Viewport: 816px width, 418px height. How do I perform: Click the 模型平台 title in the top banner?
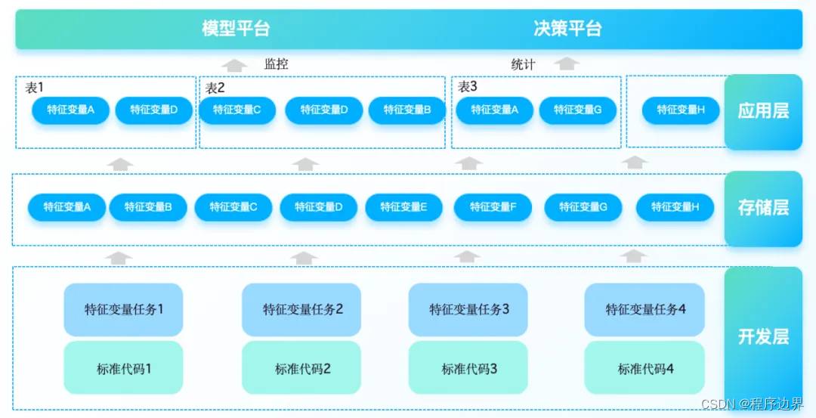pyautogui.click(x=236, y=29)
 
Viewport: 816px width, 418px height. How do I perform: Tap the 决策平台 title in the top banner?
pyautogui.click(x=567, y=29)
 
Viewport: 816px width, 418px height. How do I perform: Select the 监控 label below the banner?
pyautogui.click(x=277, y=64)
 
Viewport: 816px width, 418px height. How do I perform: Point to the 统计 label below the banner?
pyautogui.click(x=523, y=64)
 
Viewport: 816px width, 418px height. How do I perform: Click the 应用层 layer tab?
pyautogui.click(x=763, y=111)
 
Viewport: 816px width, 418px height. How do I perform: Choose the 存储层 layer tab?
pyautogui.click(x=763, y=208)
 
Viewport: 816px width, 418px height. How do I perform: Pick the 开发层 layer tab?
pyautogui.click(x=763, y=337)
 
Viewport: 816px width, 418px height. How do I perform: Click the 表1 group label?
pyautogui.click(x=34, y=88)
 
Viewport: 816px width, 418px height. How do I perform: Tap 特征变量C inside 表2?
pyautogui.click(x=237, y=110)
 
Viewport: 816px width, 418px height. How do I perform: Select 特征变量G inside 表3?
pyautogui.click(x=578, y=110)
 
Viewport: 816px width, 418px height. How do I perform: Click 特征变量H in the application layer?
pyautogui.click(x=681, y=110)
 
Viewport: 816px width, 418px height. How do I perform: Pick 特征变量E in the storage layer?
pyautogui.click(x=403, y=207)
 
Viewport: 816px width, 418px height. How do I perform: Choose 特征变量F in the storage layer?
pyautogui.click(x=493, y=207)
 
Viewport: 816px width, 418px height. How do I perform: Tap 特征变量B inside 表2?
pyautogui.click(x=407, y=110)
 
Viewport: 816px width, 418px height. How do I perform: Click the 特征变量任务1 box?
pyautogui.click(x=123, y=310)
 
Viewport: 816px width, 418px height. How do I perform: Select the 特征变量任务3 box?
pyautogui.click(x=468, y=310)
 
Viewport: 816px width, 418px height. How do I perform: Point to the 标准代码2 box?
pyautogui.click(x=301, y=368)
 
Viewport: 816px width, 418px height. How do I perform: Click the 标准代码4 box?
pyautogui.click(x=644, y=368)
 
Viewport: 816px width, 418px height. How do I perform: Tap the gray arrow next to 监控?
pyautogui.click(x=235, y=65)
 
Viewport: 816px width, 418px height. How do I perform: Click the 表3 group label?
pyautogui.click(x=468, y=87)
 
